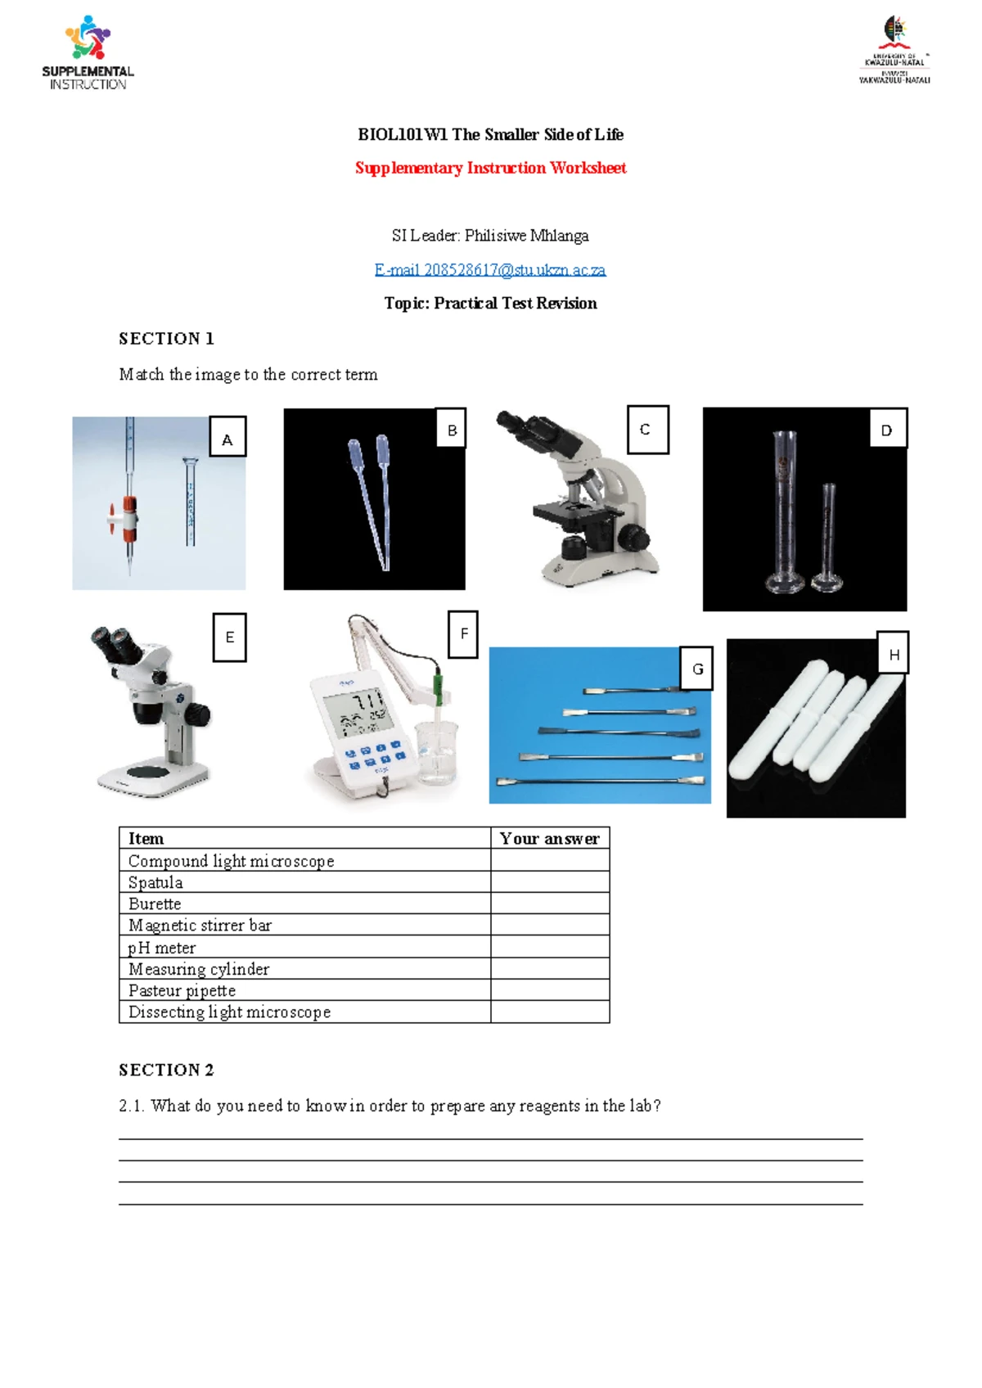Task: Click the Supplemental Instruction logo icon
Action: [88, 38]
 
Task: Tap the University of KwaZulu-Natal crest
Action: [895, 33]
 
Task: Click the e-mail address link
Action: [489, 269]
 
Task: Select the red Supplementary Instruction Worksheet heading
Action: [490, 168]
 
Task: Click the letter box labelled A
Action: [227, 439]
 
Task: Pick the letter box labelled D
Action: [886, 430]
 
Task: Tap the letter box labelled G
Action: [697, 669]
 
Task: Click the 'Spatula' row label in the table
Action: [155, 882]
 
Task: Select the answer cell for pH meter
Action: [550, 947]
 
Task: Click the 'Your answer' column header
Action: [550, 838]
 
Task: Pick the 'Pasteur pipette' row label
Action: [182, 990]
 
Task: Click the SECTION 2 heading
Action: [166, 1070]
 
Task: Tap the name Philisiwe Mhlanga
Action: [526, 236]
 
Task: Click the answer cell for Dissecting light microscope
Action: [550, 1012]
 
